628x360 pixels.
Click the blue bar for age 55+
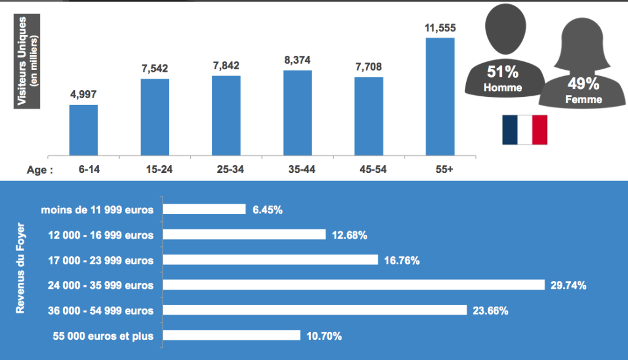[440, 96]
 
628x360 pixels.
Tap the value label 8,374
[297, 61]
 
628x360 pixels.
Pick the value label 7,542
[155, 69]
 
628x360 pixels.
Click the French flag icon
[524, 129]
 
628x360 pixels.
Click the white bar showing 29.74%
[354, 285]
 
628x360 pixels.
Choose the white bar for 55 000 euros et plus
[232, 335]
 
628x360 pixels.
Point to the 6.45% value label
[267, 210]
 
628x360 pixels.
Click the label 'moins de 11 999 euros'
[98, 210]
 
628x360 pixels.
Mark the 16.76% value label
[402, 261]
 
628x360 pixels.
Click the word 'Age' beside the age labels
[39, 170]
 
